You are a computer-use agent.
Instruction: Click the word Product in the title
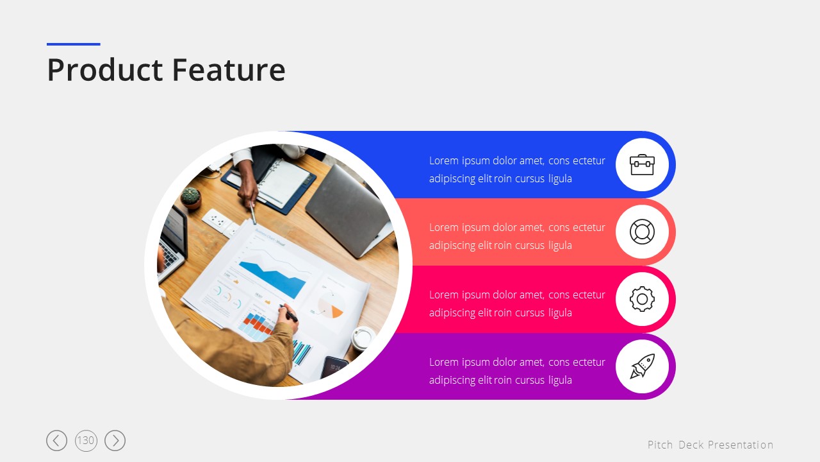(105, 70)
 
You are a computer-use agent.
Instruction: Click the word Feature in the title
(229, 69)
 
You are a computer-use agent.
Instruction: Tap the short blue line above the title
(74, 44)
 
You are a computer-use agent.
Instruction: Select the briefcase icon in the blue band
(642, 165)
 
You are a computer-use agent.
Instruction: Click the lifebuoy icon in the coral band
(642, 232)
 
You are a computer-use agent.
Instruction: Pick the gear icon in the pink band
(642, 299)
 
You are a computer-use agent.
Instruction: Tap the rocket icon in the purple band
(642, 366)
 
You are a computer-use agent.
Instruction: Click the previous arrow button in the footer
(57, 440)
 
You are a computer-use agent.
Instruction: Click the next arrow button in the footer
(115, 440)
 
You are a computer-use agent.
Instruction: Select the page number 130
(86, 440)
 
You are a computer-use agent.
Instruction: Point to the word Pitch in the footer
(660, 445)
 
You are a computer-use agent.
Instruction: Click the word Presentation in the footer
(741, 445)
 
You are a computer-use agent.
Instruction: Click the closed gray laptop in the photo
(348, 211)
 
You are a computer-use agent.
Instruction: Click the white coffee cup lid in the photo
(363, 338)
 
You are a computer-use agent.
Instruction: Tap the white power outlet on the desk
(217, 221)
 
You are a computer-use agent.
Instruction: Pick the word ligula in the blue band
(560, 179)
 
